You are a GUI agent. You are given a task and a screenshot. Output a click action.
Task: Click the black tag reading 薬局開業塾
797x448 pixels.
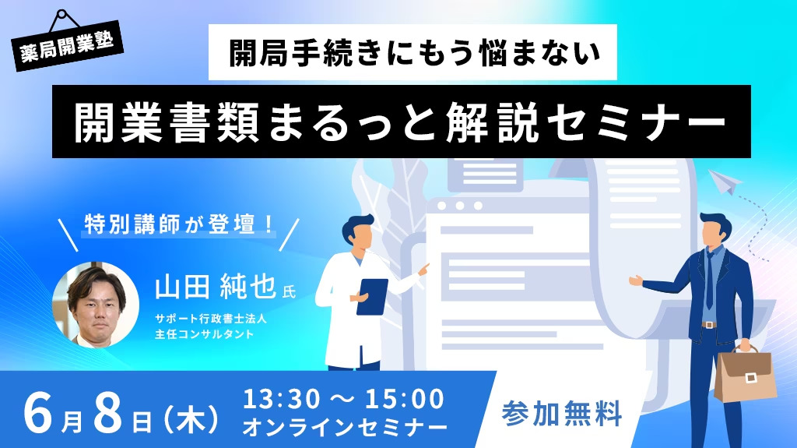pos(68,46)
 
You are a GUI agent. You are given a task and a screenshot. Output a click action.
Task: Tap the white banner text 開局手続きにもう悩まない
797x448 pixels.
pos(414,53)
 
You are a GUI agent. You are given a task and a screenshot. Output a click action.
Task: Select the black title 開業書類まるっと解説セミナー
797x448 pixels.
pos(400,122)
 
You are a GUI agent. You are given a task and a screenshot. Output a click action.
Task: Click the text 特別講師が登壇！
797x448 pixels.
pos(179,224)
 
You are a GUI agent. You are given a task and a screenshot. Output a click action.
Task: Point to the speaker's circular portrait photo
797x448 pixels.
pos(96,305)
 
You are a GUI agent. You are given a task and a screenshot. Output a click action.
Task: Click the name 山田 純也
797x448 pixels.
pos(216,286)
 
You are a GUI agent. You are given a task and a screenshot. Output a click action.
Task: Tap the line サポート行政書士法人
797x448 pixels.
pos(211,319)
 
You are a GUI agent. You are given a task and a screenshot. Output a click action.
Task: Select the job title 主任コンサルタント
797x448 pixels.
pos(205,334)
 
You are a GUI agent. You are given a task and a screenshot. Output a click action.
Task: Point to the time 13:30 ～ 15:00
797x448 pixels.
pos(343,399)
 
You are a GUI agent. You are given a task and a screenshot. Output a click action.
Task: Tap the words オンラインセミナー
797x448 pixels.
pos(345,427)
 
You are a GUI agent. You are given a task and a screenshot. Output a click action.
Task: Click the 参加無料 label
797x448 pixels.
pos(562,414)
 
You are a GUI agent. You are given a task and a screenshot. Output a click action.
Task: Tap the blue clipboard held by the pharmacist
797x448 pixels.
pos(371,297)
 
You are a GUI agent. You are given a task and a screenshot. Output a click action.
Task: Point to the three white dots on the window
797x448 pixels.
pos(459,206)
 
